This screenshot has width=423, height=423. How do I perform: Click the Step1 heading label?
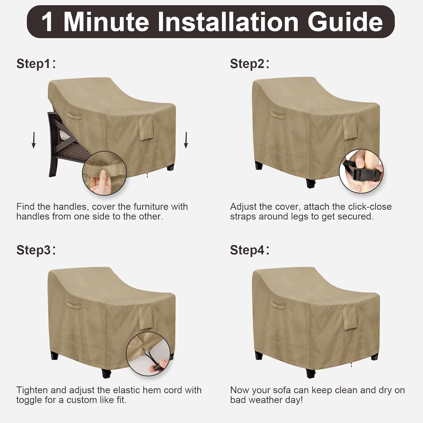pyautogui.click(x=36, y=64)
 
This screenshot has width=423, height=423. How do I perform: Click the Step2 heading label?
pyautogui.click(x=250, y=64)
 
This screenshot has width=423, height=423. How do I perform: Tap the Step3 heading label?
pyautogui.click(x=36, y=250)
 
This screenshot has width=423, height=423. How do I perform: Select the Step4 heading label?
pyautogui.click(x=250, y=250)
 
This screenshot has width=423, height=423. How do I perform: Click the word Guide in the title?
pyautogui.click(x=345, y=22)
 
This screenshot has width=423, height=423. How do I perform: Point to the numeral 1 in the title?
pyautogui.click(x=47, y=22)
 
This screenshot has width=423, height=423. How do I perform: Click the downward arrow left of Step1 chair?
pyautogui.click(x=34, y=140)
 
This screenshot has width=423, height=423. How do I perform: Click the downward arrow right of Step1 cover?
pyautogui.click(x=186, y=140)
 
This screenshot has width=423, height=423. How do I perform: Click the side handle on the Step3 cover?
pyautogui.click(x=74, y=305)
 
